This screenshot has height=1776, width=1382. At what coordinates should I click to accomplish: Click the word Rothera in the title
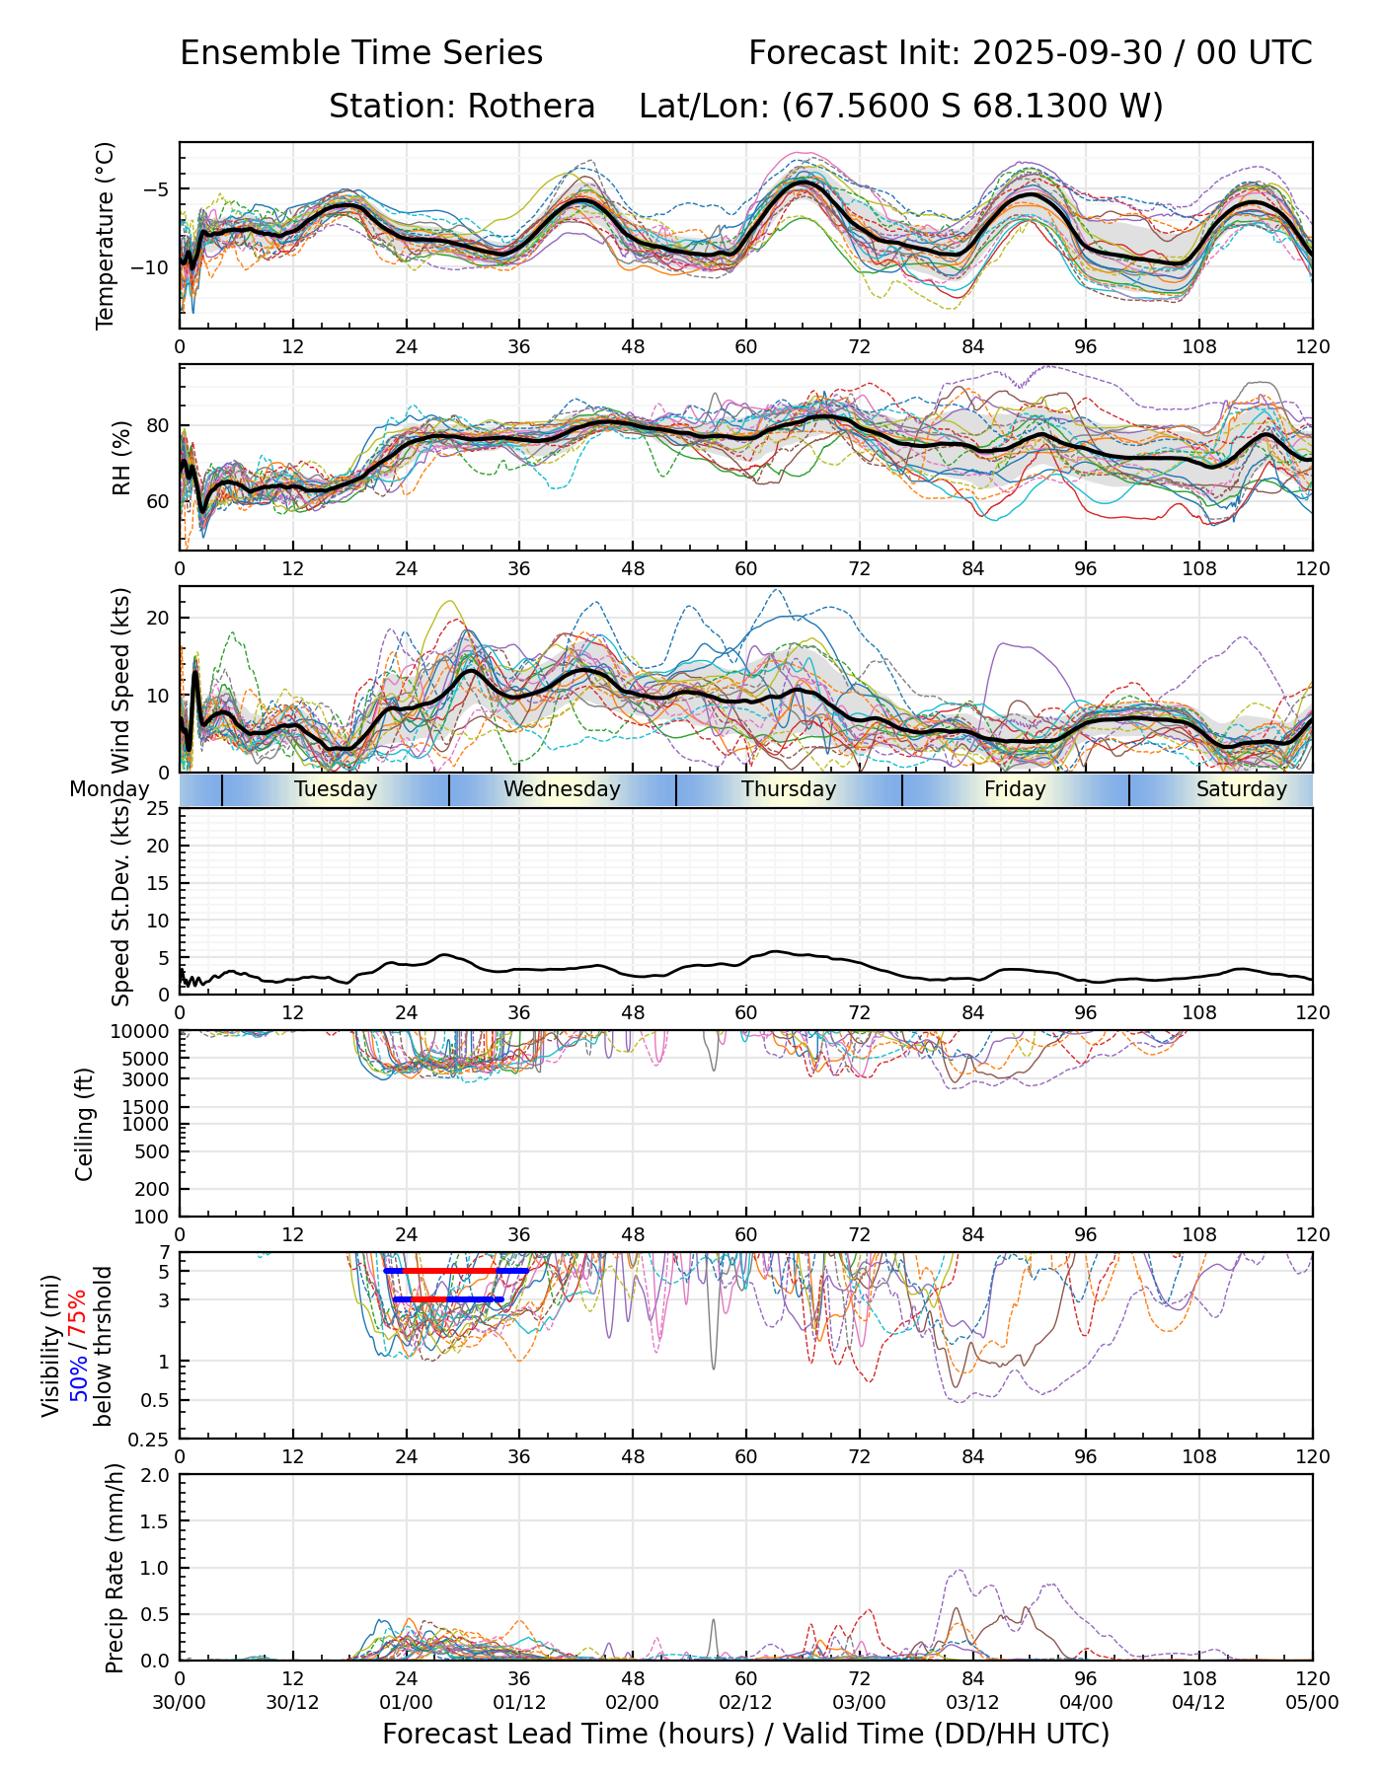pos(531,106)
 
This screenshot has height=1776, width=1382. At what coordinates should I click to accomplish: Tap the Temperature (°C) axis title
pos(106,235)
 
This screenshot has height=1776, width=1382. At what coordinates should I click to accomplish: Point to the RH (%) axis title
pos(122,458)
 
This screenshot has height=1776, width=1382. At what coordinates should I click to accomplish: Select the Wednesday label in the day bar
pos(562,789)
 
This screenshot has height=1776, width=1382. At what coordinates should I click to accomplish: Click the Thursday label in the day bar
pos(789,789)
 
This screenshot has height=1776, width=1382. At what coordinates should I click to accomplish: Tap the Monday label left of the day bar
pos(109,789)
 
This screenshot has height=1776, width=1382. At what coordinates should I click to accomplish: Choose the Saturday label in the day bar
pos(1241,789)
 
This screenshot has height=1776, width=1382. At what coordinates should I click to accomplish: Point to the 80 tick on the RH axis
pos(159,426)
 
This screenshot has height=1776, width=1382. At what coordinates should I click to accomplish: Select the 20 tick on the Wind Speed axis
pos(159,618)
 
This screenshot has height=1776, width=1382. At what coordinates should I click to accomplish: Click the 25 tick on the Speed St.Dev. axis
pos(159,809)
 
